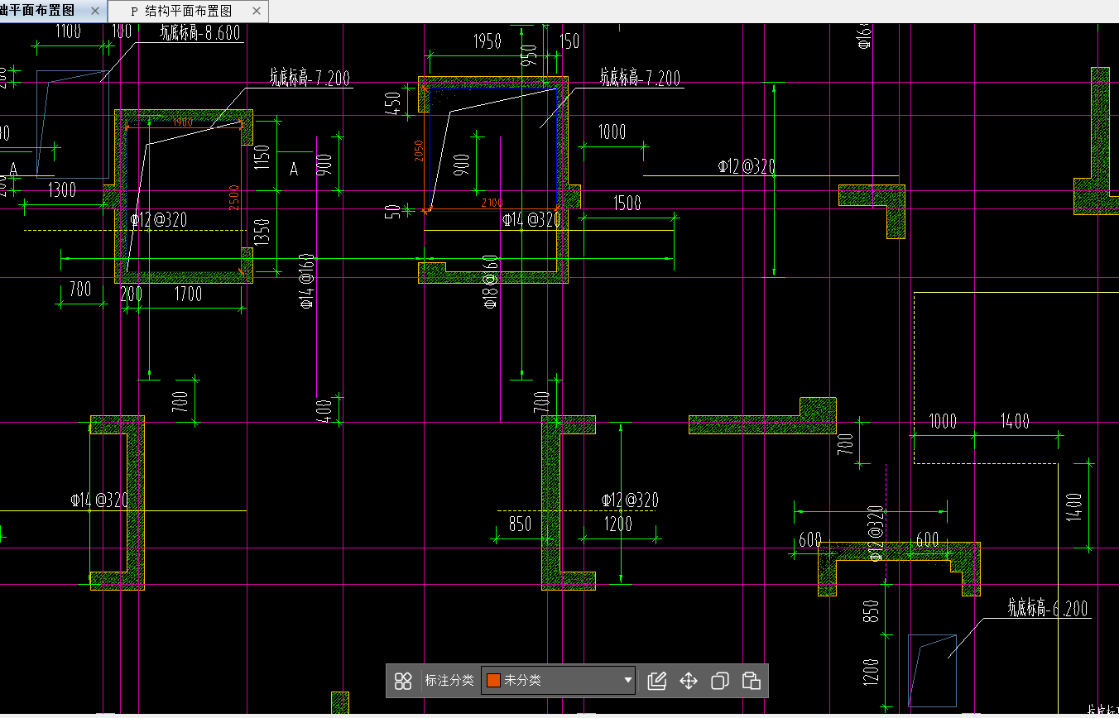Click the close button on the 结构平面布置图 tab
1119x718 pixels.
[257, 12]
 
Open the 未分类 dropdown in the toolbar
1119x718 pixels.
[559, 680]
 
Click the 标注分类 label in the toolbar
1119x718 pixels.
[449, 680]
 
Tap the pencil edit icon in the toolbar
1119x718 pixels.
[657, 680]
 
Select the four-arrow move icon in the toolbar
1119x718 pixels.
[689, 680]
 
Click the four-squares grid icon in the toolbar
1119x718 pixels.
[403, 680]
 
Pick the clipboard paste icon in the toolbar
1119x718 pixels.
[751, 680]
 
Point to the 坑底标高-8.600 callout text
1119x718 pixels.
[200, 32]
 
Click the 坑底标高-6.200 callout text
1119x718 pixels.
[1048, 610]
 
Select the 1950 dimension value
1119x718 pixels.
[487, 41]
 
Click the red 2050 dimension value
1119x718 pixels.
[419, 151]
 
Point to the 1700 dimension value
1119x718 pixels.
[189, 293]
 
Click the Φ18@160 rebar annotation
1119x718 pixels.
[491, 282]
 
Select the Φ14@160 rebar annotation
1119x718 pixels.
[307, 281]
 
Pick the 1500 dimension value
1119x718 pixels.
[627, 203]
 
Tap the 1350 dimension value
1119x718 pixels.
[262, 233]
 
